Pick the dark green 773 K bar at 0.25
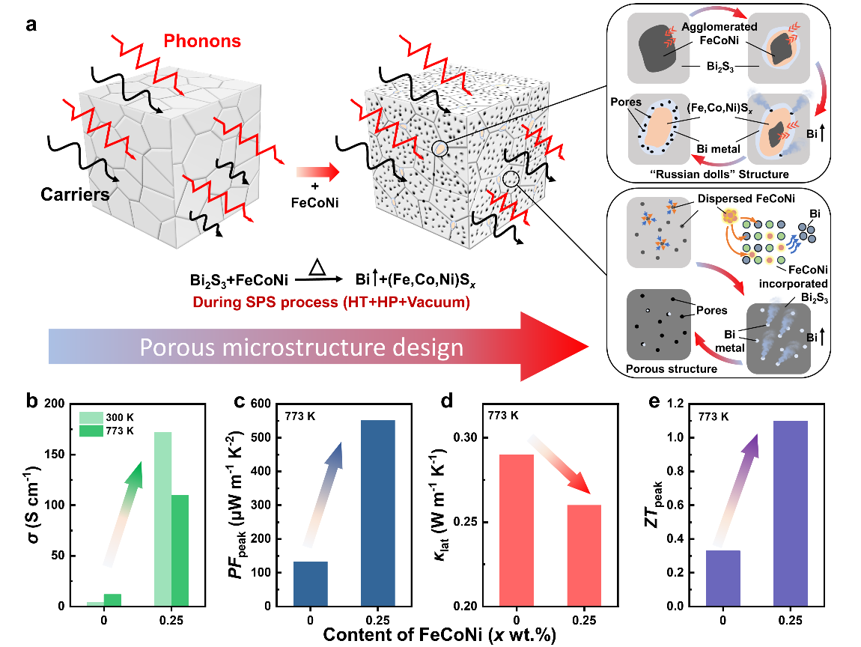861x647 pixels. click(x=180, y=550)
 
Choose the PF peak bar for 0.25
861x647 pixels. click(x=377, y=512)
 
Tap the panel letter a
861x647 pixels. click(x=31, y=24)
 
